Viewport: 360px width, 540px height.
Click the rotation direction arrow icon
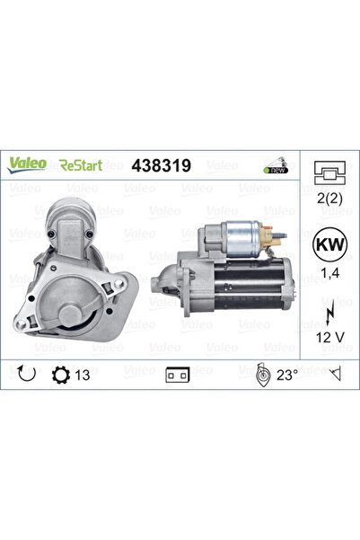click(26, 370)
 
